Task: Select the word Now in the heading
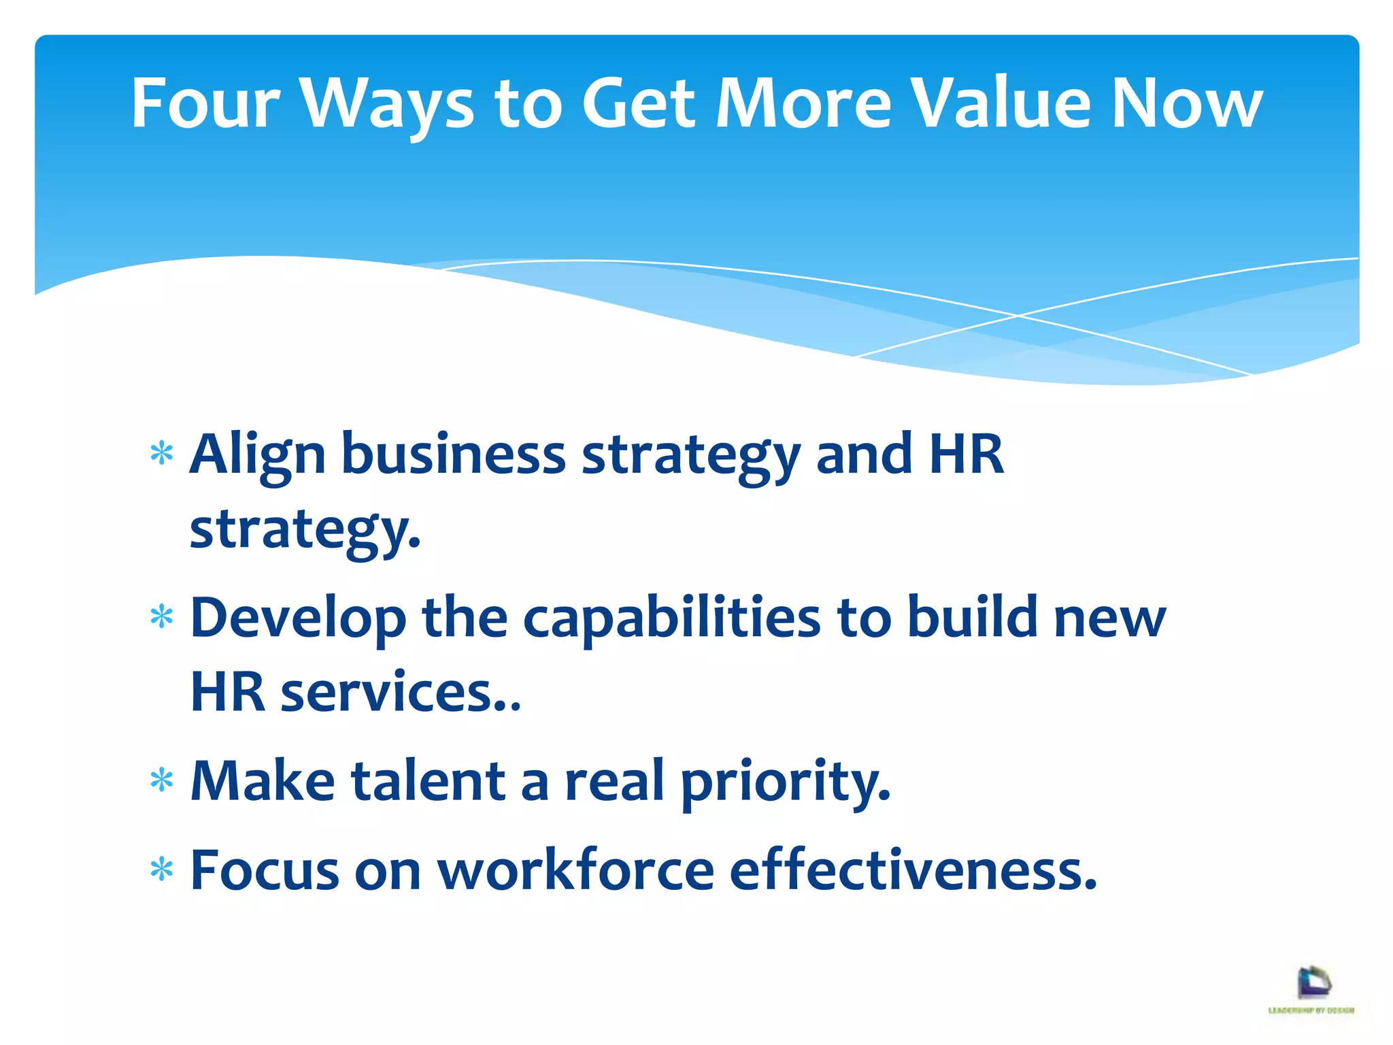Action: coord(1186,103)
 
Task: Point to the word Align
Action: coord(258,455)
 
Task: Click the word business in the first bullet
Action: coord(453,454)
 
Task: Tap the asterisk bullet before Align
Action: coord(162,453)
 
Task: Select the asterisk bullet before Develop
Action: coord(162,617)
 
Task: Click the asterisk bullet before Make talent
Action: coord(162,780)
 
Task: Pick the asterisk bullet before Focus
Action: coord(162,869)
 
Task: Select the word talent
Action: coord(428,781)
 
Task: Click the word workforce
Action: coord(575,870)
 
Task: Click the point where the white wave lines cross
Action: coord(1018,316)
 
